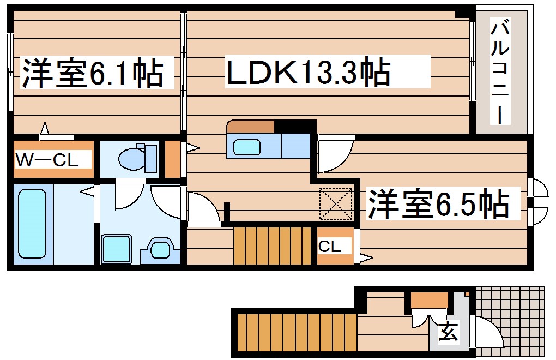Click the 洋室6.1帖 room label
[x=92, y=74]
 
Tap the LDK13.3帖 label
[x=308, y=73]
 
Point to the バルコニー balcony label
[x=501, y=71]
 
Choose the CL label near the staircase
[x=330, y=247]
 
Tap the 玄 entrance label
[x=448, y=331]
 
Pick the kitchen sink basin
[x=247, y=147]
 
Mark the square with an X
[x=336, y=203]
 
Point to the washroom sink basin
[x=160, y=250]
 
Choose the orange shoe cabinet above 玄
[x=428, y=299]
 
